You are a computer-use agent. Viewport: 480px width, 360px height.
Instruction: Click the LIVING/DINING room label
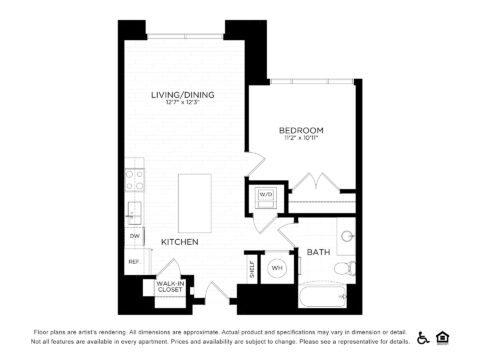click(x=183, y=95)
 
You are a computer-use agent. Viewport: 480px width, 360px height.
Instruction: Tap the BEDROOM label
click(x=302, y=131)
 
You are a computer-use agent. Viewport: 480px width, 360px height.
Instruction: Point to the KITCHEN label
click(x=180, y=242)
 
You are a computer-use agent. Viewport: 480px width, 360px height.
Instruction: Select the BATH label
click(x=318, y=251)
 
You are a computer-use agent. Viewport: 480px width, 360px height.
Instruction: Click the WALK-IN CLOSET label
click(x=168, y=287)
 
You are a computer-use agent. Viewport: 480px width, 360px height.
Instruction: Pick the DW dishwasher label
click(x=133, y=237)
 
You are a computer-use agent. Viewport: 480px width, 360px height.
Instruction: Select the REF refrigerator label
click(x=132, y=262)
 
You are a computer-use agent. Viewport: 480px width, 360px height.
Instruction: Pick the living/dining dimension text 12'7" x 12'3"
click(x=183, y=104)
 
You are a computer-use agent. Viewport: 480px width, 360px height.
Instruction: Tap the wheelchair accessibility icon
click(x=423, y=337)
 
